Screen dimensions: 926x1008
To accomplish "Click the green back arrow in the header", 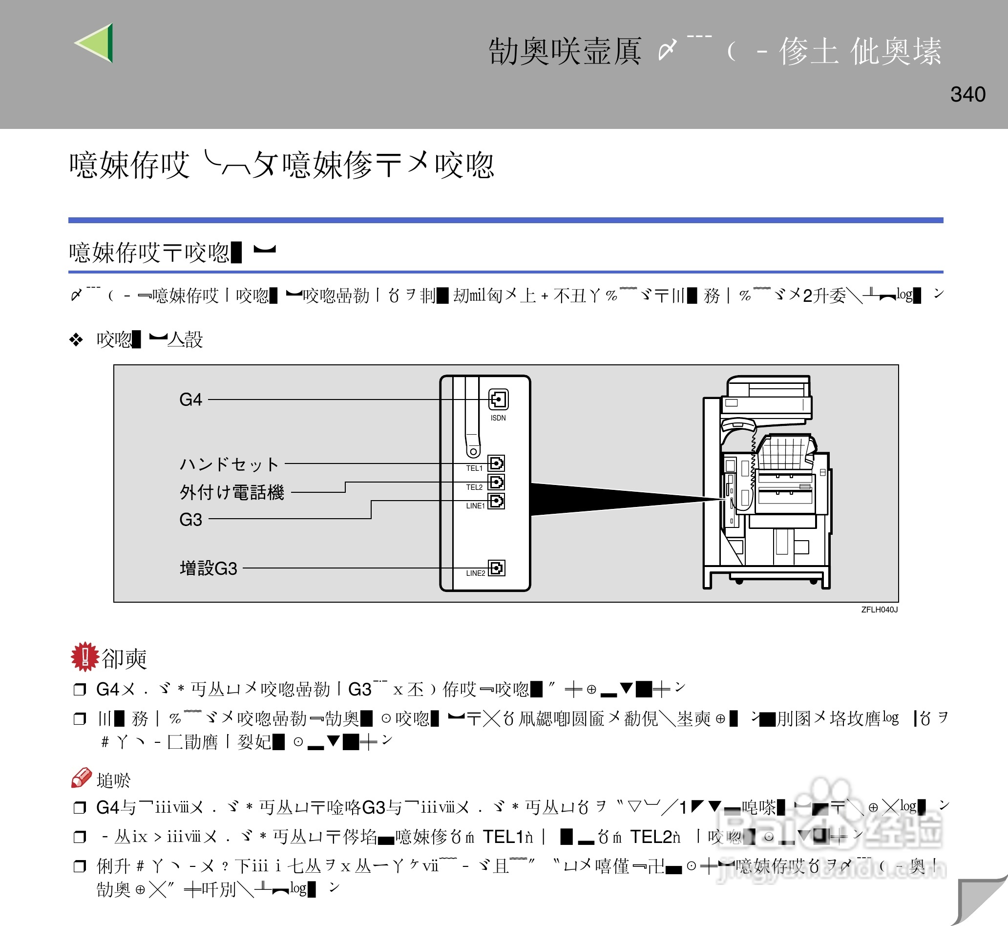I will point(95,43).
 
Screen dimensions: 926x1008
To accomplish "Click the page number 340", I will point(967,94).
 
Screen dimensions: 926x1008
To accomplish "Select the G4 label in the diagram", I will point(190,400).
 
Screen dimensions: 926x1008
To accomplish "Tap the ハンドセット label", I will point(229,464).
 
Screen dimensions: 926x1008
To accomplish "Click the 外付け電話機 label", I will point(231,492).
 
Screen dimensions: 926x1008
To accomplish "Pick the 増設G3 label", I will point(208,568).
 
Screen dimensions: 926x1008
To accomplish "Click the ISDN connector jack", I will point(499,400).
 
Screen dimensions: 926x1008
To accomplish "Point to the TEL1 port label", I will point(474,468).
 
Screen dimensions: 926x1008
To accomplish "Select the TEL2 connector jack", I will point(497,482).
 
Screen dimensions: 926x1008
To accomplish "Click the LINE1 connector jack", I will point(497,501).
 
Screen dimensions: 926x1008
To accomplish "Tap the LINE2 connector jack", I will point(497,568).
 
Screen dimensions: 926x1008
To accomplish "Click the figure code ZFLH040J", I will point(879,610).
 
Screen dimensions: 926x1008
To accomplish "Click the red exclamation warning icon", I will point(84,656).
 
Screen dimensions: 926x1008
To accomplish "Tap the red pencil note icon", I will point(81,778).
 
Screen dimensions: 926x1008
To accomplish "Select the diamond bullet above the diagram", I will point(76,340).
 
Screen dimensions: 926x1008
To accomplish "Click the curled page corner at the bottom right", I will point(980,902).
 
